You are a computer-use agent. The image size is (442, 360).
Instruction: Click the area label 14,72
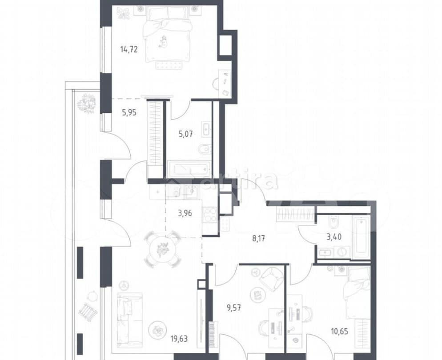point(128,49)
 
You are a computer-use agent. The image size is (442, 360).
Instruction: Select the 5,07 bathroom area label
point(185,133)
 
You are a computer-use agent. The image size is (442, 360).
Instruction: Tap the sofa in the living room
point(129,316)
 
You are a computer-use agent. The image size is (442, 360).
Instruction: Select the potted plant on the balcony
point(87,103)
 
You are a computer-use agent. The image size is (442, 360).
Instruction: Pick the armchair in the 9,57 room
point(270,279)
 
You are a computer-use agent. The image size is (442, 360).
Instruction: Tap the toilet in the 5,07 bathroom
point(205,149)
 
